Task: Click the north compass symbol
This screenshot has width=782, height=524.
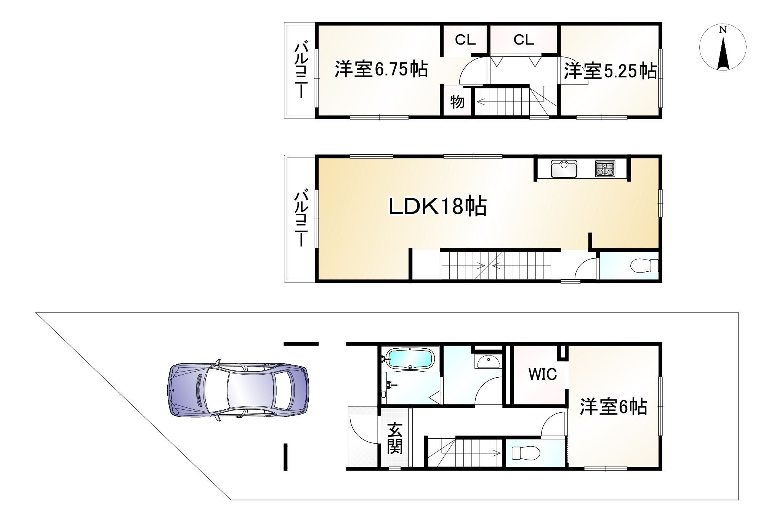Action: pos(723,47)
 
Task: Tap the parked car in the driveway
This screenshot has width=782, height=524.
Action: pos(239,389)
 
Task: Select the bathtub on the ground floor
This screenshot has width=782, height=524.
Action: pos(410,359)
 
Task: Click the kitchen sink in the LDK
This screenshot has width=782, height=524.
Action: pos(564,169)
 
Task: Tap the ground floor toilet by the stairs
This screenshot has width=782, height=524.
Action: pos(526,453)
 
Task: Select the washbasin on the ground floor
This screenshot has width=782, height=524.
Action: pos(488,361)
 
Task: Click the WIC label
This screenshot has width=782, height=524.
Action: pos(542,374)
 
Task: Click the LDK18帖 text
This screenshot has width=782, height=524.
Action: pos(437,207)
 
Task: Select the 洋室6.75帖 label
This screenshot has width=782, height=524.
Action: pos(381,69)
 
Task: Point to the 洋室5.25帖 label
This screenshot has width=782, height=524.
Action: pos(610,71)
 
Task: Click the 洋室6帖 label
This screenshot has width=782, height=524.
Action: pos(613,407)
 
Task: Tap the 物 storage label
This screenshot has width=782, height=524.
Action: pos(457,102)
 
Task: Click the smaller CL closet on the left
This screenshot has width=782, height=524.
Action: pos(465,40)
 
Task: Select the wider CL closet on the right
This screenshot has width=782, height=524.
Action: pos(524,40)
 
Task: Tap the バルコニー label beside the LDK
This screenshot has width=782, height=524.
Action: pos(301,219)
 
